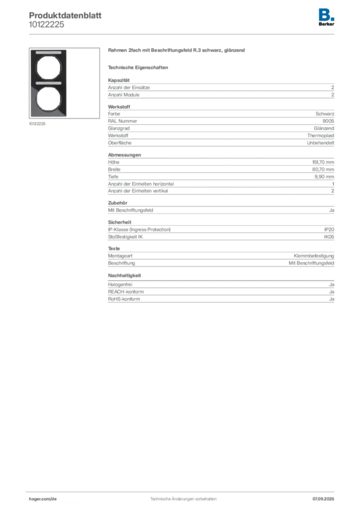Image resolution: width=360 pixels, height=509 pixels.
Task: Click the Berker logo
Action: pos(326,17)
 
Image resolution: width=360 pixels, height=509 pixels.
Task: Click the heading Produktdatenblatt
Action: pos(65,15)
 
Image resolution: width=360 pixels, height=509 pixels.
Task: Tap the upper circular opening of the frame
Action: pos(48,68)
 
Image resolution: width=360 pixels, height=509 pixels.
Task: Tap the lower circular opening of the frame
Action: pos(48,99)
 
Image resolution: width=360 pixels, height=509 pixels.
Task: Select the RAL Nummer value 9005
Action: pos(328,121)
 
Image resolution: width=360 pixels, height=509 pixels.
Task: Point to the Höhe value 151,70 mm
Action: pos(323,162)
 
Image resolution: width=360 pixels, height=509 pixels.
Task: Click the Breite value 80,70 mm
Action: pos(323,170)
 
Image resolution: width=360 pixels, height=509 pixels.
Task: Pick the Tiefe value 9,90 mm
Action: pos(324,176)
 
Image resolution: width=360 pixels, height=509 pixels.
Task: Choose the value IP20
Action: pos(329,230)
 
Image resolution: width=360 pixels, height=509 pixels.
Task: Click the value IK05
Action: pos(329,237)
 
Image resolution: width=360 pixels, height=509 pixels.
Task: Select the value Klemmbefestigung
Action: pos(314,256)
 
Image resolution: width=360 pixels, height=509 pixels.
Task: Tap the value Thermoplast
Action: pos(321,136)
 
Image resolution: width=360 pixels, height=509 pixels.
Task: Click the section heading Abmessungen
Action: pos(124,155)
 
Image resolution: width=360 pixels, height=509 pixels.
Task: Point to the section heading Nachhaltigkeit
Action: pos(124,275)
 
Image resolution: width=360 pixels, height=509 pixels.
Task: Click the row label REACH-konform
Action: pos(126,292)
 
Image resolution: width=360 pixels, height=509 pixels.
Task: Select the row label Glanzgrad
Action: pos(119,128)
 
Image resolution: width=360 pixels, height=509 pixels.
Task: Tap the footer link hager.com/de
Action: pos(43,499)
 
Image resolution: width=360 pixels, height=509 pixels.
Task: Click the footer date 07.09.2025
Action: pos(323,499)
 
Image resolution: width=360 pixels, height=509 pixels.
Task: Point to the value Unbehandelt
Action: pos(320,143)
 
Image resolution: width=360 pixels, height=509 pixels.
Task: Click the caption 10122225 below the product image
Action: pos(37,124)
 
